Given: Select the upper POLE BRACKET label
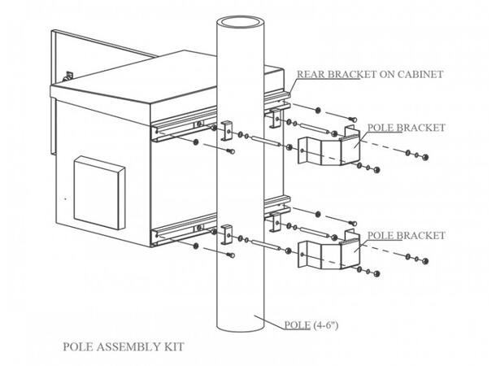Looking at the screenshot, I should tap(407, 128).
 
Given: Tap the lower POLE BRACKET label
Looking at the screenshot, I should tap(407, 235).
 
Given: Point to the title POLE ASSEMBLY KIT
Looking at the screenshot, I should tap(123, 347).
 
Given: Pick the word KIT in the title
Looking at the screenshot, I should tap(172, 347).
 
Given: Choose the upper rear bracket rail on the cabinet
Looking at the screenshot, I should tap(183, 126).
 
